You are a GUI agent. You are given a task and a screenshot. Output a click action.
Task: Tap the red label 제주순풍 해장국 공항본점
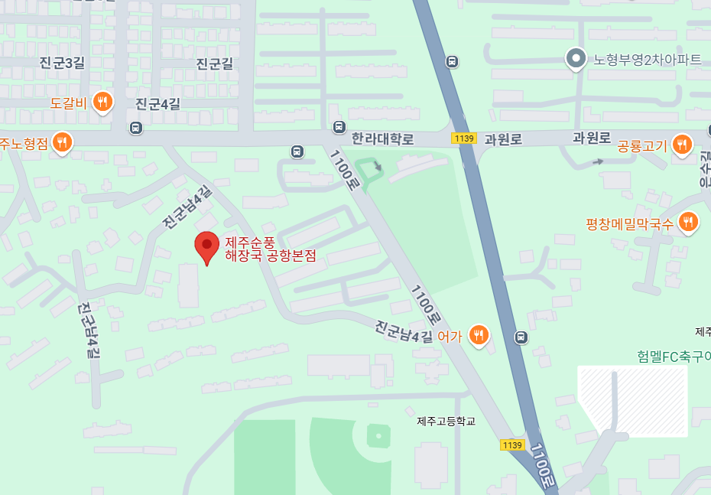click(x=270, y=249)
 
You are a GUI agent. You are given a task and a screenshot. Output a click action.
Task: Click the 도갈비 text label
click(x=69, y=102)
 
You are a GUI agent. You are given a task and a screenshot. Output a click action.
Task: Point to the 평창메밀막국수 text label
click(x=629, y=223)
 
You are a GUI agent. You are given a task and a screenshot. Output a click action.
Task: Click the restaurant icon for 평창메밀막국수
click(x=688, y=222)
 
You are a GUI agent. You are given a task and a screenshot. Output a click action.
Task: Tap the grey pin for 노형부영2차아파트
click(x=575, y=57)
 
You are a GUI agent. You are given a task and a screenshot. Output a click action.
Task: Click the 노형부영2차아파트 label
click(x=647, y=59)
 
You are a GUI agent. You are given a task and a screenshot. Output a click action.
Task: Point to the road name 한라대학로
click(x=382, y=139)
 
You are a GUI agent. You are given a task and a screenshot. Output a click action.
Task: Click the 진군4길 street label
click(x=157, y=104)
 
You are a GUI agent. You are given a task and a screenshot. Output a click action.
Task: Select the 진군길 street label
click(x=214, y=64)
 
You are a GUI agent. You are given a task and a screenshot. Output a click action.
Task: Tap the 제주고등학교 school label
click(x=446, y=421)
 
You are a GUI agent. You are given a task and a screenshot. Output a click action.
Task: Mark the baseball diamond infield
click(x=376, y=437)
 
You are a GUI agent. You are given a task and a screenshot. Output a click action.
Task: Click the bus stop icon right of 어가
click(x=521, y=337)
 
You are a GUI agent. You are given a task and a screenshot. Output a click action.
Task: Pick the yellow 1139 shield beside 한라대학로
click(x=464, y=138)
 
